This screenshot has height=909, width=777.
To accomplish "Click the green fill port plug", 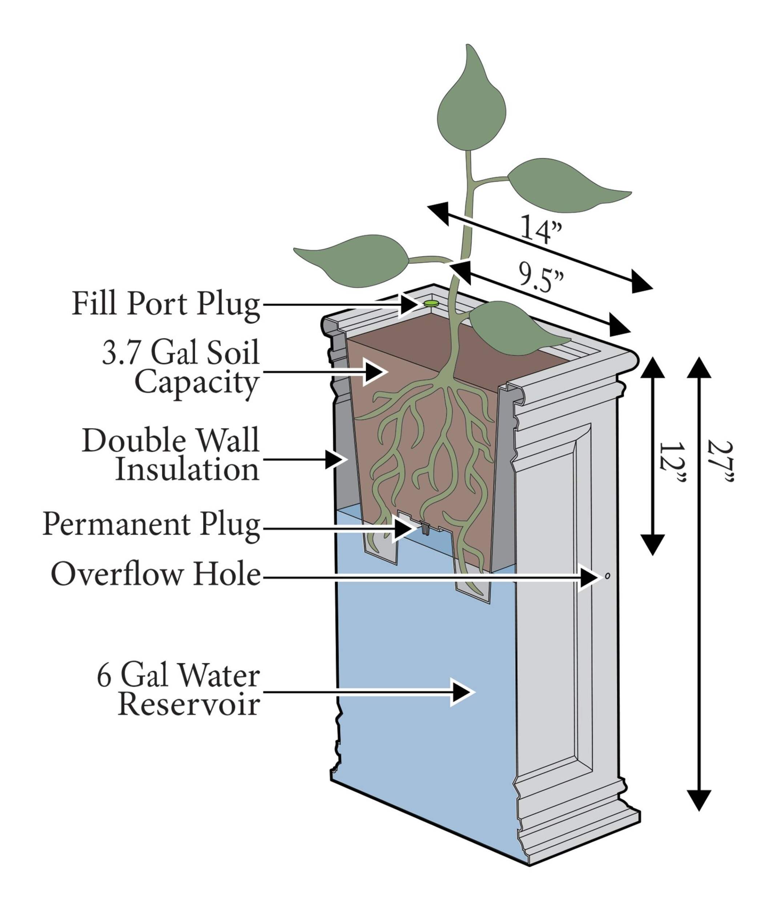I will pos(431,303).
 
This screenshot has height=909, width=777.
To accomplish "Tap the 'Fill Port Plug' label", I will pos(166,304).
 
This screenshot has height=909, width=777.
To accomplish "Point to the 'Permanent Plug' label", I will pos(152,525).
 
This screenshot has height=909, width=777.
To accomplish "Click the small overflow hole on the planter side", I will pos(607,576).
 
